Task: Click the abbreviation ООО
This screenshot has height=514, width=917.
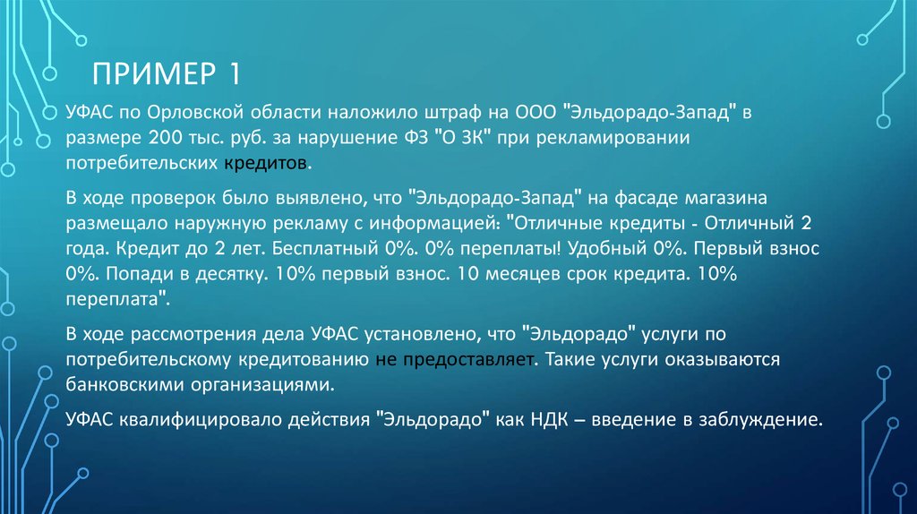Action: click(x=534, y=115)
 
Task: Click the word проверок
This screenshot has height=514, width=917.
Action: click(x=160, y=197)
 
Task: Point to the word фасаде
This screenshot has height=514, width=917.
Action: click(x=655, y=197)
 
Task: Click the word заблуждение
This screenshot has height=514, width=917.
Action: click(x=762, y=418)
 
